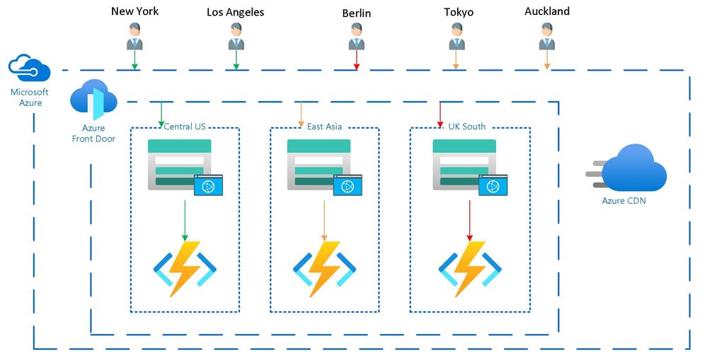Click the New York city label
(x=134, y=11)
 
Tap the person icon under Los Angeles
(x=236, y=37)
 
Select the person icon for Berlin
(x=356, y=37)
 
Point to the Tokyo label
(x=459, y=12)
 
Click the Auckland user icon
(x=546, y=36)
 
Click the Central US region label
(x=185, y=127)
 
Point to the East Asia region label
(x=324, y=127)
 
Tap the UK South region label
(x=467, y=127)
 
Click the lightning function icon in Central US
(x=185, y=268)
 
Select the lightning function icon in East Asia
(x=324, y=268)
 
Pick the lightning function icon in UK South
(x=470, y=268)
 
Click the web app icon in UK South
(x=469, y=166)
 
